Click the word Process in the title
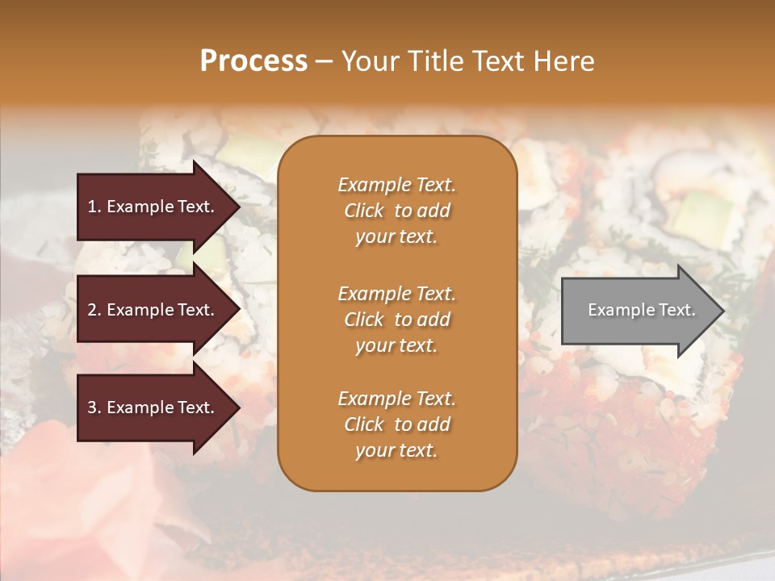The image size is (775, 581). pos(253,61)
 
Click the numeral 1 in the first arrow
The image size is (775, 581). pos(92,207)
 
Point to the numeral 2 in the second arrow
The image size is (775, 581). pos(92,311)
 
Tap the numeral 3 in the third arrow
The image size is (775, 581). pos(92,408)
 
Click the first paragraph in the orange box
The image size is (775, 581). pos(396,211)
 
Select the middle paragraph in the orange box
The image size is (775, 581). pos(396,320)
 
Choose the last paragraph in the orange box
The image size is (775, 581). pos(396,424)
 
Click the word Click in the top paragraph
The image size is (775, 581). pos(364,211)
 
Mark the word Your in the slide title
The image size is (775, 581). pos(370,61)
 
